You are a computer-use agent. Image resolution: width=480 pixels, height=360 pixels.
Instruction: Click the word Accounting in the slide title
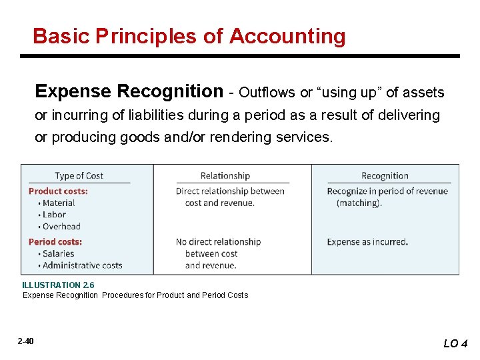(x=287, y=36)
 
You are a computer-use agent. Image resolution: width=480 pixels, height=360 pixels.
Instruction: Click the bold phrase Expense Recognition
(x=129, y=91)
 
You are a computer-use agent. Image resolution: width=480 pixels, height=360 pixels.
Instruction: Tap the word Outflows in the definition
(x=267, y=92)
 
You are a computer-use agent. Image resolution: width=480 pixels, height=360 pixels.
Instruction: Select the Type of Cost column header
(x=79, y=176)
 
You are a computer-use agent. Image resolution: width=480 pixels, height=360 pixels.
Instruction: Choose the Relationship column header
(x=225, y=176)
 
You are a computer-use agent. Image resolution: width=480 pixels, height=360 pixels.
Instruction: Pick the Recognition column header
(x=385, y=176)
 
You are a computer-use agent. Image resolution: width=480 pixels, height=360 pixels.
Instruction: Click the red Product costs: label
(x=58, y=191)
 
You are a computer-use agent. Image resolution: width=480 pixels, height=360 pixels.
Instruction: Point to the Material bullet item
(x=58, y=203)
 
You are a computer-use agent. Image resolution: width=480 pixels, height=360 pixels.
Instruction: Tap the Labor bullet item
(x=54, y=215)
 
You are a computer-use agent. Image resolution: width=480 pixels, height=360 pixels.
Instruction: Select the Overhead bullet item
(x=61, y=227)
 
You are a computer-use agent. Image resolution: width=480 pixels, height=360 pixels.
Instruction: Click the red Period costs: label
(x=55, y=242)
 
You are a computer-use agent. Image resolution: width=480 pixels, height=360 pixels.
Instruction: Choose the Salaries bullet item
(x=58, y=254)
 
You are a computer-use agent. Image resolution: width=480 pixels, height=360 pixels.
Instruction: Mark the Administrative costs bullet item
(x=82, y=265)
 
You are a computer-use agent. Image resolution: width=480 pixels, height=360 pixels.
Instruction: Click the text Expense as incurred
(x=367, y=242)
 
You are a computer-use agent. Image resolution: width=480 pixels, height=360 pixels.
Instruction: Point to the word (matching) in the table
(x=359, y=203)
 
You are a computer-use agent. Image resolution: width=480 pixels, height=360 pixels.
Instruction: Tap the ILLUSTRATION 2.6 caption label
(x=58, y=285)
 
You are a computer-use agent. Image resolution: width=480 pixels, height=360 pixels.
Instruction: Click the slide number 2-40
(x=26, y=341)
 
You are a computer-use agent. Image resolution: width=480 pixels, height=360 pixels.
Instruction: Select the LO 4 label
(x=455, y=343)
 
